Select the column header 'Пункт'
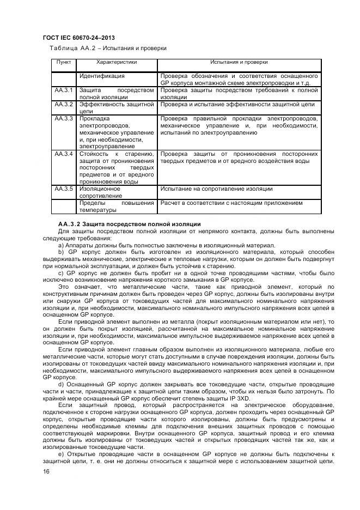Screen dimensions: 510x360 pos(64,62)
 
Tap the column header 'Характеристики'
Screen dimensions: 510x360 pos(116,62)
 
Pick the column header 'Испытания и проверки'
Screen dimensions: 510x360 pos(239,62)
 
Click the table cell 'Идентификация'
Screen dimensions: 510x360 pos(102,76)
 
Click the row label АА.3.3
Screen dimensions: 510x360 pos(64,118)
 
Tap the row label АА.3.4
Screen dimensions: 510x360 pos(64,154)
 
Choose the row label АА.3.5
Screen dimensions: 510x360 pos(64,189)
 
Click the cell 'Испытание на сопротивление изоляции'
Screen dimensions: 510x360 pos(216,189)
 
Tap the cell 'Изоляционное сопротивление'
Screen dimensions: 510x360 pos(100,192)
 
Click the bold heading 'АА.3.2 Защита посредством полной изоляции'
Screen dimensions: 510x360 pos(130,224)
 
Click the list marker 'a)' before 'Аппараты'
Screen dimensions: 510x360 pos(61,246)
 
